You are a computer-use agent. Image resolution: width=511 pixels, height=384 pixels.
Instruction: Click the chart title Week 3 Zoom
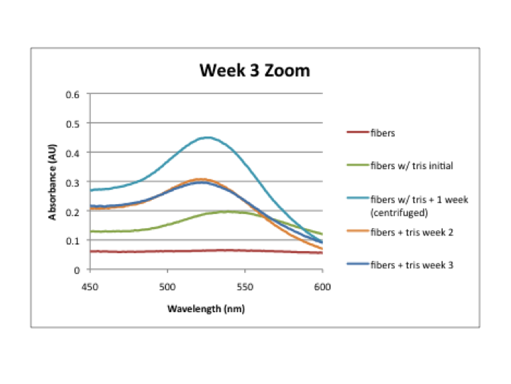point(254,71)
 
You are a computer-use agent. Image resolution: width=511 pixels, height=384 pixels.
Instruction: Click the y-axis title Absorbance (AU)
point(53,182)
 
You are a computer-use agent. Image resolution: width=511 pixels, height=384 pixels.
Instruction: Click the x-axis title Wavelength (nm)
point(206,309)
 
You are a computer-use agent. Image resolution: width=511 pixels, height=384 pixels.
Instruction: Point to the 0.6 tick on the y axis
point(72,94)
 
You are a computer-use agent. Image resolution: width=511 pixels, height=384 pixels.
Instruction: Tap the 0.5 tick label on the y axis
point(72,123)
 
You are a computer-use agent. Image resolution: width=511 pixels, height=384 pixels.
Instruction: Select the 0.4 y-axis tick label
point(72,152)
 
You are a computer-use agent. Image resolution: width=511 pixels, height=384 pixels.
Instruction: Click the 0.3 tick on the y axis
point(72,182)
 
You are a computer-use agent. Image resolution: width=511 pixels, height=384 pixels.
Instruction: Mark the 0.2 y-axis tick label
point(72,211)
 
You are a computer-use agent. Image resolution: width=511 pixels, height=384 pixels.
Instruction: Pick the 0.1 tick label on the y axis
point(72,240)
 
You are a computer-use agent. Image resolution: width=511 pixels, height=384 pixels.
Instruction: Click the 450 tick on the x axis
point(89,282)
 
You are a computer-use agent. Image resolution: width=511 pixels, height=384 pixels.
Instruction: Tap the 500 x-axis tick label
point(167,282)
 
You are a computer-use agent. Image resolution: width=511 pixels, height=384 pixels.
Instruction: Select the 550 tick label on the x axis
point(245,282)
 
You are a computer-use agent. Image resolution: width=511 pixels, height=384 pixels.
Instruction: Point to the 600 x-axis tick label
point(322,282)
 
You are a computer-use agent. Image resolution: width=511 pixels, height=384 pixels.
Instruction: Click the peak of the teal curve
point(207,137)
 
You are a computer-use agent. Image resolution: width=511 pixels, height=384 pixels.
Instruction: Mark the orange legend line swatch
point(356,232)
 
